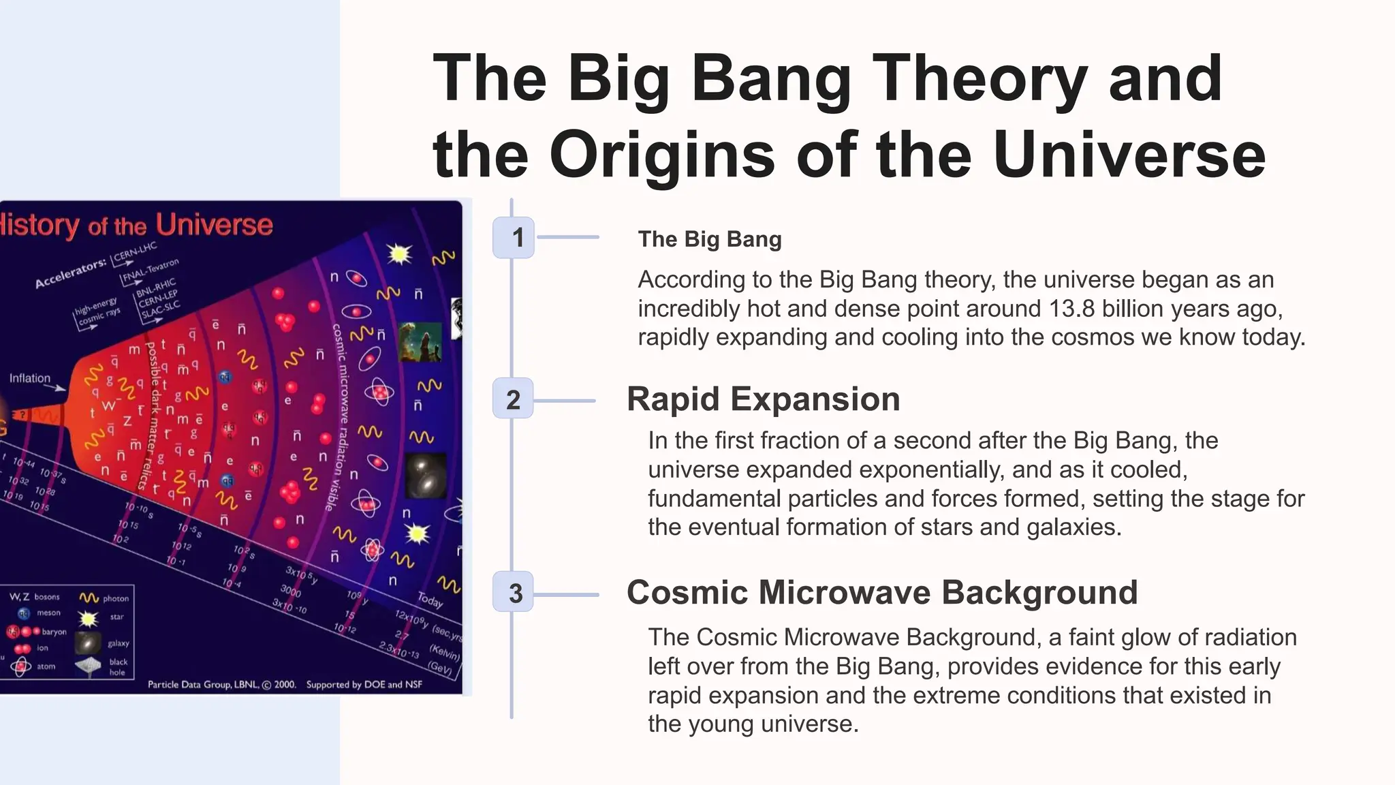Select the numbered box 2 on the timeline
tap(513, 399)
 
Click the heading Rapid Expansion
tap(763, 399)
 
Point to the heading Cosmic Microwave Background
tap(881, 592)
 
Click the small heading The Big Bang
tap(709, 239)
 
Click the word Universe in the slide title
tap(1129, 155)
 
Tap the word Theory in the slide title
tap(979, 78)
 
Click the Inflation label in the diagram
tap(30, 378)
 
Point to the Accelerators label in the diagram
tap(70, 273)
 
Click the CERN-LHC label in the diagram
tap(135, 251)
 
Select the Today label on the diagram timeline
tap(430, 600)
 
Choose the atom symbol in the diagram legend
tap(21, 666)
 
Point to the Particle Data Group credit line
tap(285, 684)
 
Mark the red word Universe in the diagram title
tap(214, 224)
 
